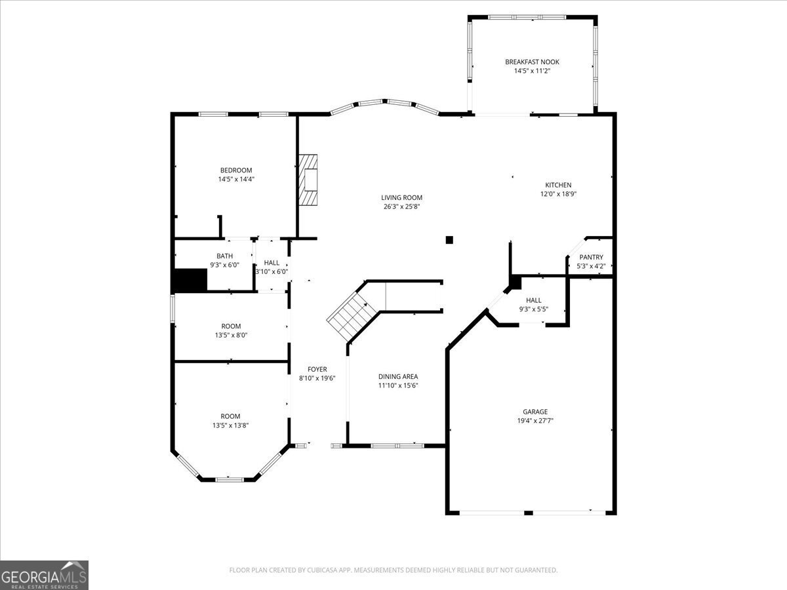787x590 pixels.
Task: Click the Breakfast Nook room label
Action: click(x=532, y=62)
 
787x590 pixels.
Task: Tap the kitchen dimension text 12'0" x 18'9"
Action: click(x=558, y=194)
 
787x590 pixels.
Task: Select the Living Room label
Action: click(x=401, y=197)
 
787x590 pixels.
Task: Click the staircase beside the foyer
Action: click(x=351, y=313)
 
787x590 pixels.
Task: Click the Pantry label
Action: click(x=591, y=257)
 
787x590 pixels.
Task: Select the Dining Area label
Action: click(x=398, y=376)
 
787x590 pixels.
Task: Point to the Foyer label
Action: click(x=317, y=369)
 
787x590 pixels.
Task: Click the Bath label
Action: click(x=224, y=256)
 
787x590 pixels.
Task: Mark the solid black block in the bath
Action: click(x=190, y=281)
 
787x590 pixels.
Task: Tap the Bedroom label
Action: click(x=235, y=170)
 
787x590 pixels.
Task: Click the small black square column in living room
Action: click(x=449, y=240)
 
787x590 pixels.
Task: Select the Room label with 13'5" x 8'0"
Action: click(x=231, y=326)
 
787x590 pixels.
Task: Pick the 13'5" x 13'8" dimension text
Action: click(x=230, y=425)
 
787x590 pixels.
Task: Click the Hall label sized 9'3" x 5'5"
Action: click(x=533, y=300)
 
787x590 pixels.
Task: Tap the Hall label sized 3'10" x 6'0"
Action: click(x=272, y=262)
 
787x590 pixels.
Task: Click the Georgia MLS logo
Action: click(x=44, y=575)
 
